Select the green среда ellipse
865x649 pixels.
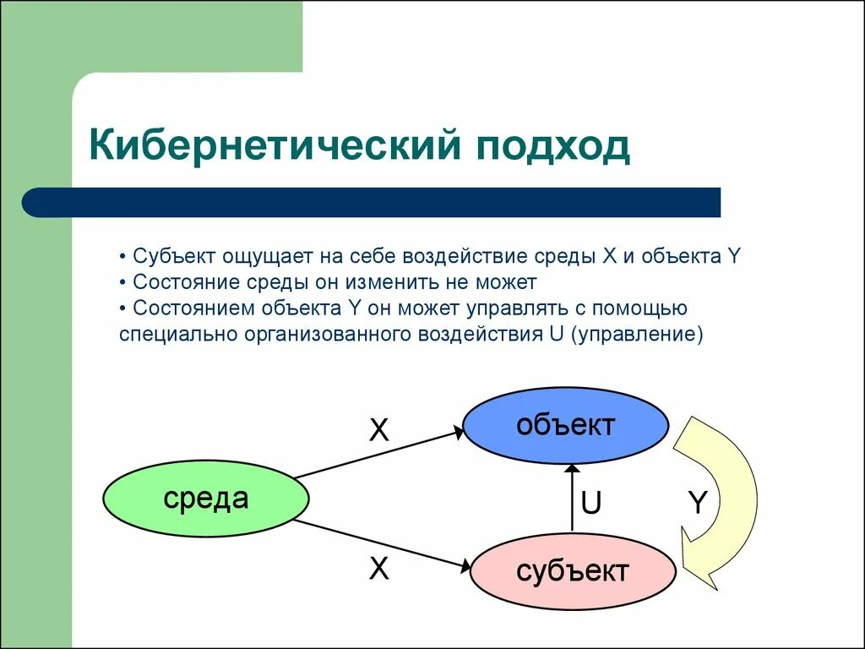pyautogui.click(x=206, y=499)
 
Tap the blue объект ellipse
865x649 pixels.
pyautogui.click(x=566, y=426)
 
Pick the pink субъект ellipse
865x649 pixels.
pyautogui.click(x=573, y=571)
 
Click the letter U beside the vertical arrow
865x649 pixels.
pyautogui.click(x=590, y=504)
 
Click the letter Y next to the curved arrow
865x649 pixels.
pyautogui.click(x=696, y=504)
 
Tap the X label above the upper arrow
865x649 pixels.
pyautogui.click(x=379, y=431)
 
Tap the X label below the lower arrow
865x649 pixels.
pyautogui.click(x=379, y=570)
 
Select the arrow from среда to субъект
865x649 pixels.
pyautogui.click(x=384, y=543)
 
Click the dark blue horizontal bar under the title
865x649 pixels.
pyautogui.click(x=372, y=203)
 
